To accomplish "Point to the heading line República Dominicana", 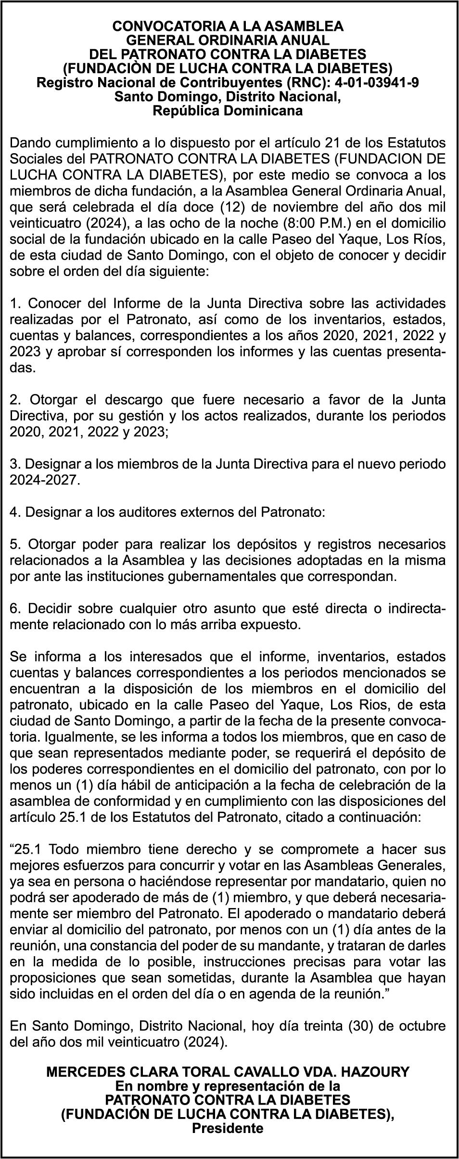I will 228,111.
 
